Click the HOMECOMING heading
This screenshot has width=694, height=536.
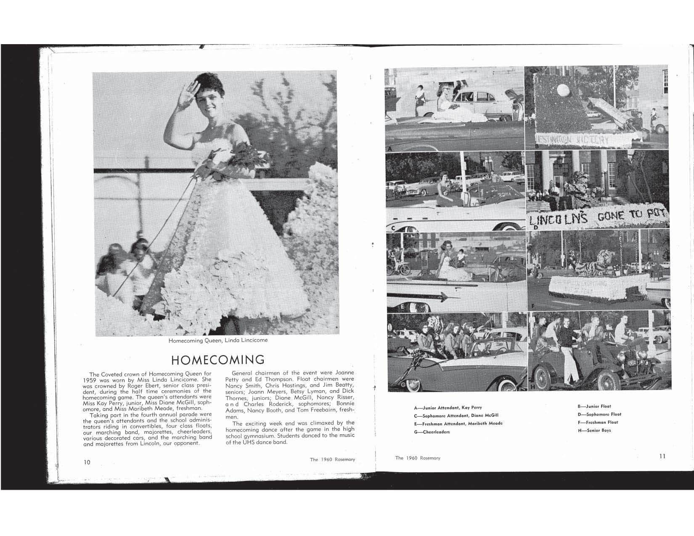point(218,360)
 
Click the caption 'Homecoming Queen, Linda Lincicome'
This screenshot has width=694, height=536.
point(218,340)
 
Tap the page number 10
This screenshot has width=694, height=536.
point(87,462)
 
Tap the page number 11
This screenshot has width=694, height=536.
point(662,456)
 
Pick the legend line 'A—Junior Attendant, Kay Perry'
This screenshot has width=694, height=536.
point(448,408)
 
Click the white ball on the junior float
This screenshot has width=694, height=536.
point(563,90)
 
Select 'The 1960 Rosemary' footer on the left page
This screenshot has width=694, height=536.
point(332,459)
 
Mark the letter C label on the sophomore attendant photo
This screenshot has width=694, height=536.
point(393,228)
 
